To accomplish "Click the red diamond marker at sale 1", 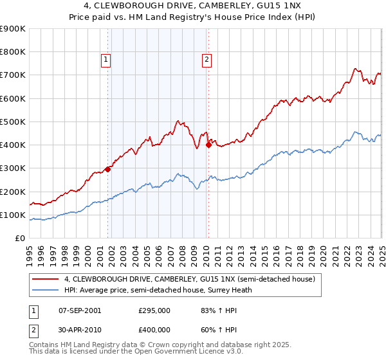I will (x=108, y=170).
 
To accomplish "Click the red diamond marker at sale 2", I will (x=208, y=145).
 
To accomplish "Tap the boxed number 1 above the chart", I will (x=106, y=60).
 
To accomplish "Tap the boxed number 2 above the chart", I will (x=207, y=60).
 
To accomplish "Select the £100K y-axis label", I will (x=13, y=215).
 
